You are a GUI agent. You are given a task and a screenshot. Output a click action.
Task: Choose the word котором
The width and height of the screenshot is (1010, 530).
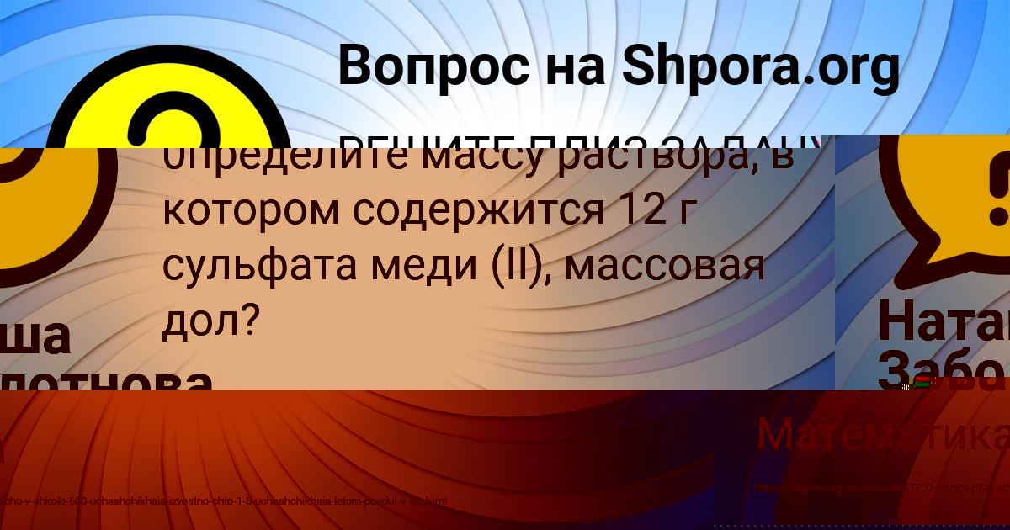click(250, 211)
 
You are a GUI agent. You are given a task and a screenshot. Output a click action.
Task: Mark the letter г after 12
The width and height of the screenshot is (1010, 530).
click(681, 213)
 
